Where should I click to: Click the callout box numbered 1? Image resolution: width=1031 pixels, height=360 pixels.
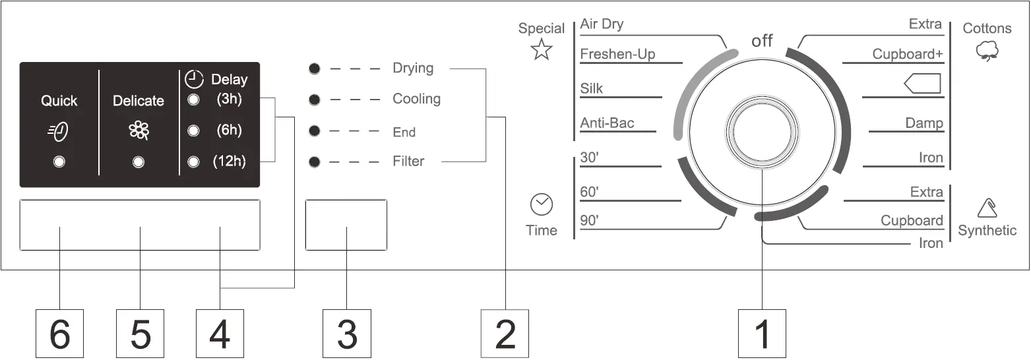pos(762,334)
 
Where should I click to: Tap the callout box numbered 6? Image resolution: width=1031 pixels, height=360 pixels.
pos(59,334)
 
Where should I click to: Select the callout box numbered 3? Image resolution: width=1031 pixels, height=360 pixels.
pos(347,334)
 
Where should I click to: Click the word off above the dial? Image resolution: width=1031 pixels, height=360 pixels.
pos(762,41)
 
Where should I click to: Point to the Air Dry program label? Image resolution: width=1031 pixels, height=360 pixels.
pos(602,24)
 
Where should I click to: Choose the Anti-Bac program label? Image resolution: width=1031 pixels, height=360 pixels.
pos(607,123)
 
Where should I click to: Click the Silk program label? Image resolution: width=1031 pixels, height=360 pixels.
pos(592,88)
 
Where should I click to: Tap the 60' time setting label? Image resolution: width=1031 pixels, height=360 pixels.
pos(589,192)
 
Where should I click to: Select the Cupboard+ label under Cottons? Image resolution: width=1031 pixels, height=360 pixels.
pos(908,54)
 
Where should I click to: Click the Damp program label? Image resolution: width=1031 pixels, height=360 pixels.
pos(923,123)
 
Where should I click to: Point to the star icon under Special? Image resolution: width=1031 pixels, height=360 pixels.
pos(542,49)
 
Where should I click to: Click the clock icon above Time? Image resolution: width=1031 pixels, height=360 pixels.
pos(542,205)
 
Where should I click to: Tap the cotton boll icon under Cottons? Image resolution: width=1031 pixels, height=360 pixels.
pos(987,50)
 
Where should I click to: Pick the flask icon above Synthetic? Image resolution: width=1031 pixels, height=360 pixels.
pos(987,208)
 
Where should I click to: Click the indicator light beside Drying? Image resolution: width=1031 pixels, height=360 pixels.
pos(315,68)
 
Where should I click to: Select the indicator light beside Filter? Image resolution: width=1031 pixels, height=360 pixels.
pos(315,162)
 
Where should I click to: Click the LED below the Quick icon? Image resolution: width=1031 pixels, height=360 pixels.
pos(59,162)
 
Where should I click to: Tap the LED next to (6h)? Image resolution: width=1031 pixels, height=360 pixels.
pos(193,131)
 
